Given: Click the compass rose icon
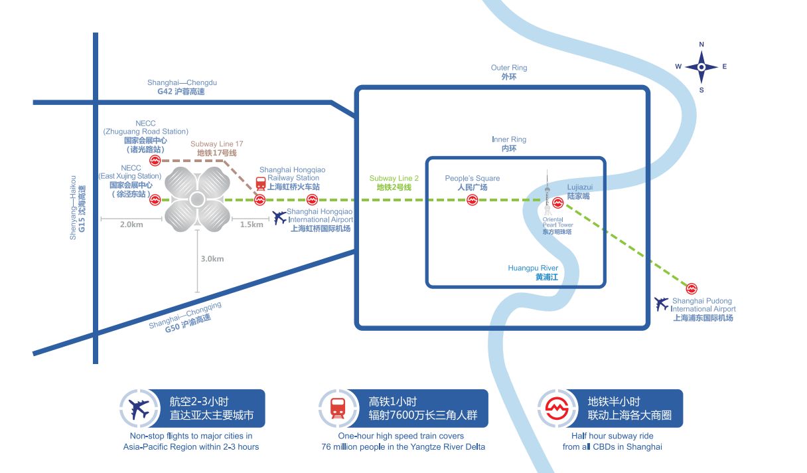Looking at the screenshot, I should pos(701,66).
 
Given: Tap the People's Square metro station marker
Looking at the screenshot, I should pos(473,200).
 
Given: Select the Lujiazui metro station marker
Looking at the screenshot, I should pos(557,201).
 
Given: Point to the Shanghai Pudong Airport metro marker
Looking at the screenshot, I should pos(692,288).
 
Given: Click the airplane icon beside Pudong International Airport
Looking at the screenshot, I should pos(662,304).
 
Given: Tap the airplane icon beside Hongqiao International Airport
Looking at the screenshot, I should pos(280,217).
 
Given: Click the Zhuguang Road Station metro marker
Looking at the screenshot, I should pos(155,160).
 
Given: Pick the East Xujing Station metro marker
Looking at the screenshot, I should pos(155,200).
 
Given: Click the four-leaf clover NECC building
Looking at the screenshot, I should pos(196,199).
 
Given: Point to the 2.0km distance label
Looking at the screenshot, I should pos(131,225).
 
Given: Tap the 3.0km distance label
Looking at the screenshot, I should pos(212,259).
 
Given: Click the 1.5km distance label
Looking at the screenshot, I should pos(252,225).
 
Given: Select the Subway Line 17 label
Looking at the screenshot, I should pos(216,148).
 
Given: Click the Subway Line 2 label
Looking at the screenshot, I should pos(394,183).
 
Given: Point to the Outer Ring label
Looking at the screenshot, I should pos(509,72).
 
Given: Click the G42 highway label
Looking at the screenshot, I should pos(182,87).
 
